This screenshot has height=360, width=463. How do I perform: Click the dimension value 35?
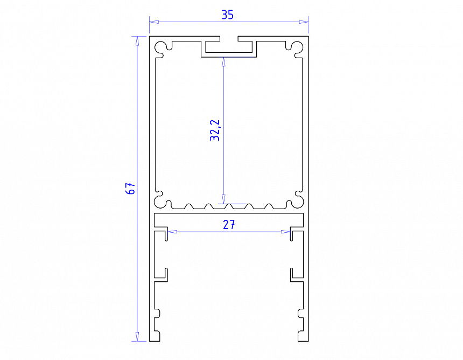[228, 15]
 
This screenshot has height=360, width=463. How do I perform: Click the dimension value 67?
[130, 189]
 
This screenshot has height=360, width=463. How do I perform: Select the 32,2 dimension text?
[215, 130]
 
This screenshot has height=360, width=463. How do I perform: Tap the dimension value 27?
[229, 225]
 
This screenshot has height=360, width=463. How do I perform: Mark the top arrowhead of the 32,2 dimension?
[223, 61]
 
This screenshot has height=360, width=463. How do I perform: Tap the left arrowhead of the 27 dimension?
[171, 232]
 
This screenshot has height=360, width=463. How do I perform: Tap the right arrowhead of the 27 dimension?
[286, 232]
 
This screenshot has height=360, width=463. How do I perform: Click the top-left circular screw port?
[162, 49]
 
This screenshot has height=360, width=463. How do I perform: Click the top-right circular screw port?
[296, 49]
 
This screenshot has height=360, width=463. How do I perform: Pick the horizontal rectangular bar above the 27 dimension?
[229, 219]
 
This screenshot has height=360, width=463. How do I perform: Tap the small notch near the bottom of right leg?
[300, 314]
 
